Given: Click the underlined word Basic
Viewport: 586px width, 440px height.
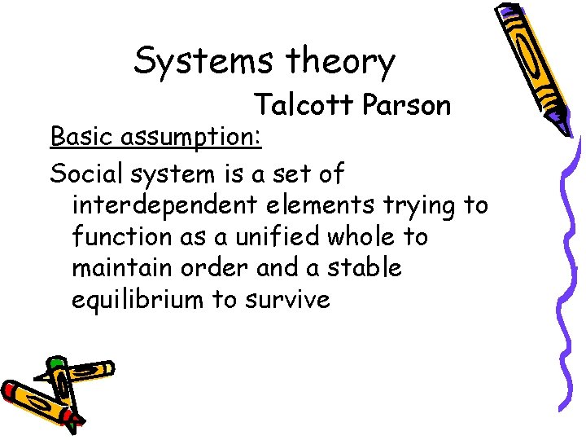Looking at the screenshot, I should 83,136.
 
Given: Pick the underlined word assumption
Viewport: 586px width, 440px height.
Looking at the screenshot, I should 191,138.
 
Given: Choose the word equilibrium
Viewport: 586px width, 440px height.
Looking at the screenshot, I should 138,300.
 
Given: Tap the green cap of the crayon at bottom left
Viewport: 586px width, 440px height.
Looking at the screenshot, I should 55,363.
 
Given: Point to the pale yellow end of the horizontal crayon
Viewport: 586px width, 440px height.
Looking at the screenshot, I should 107,368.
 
